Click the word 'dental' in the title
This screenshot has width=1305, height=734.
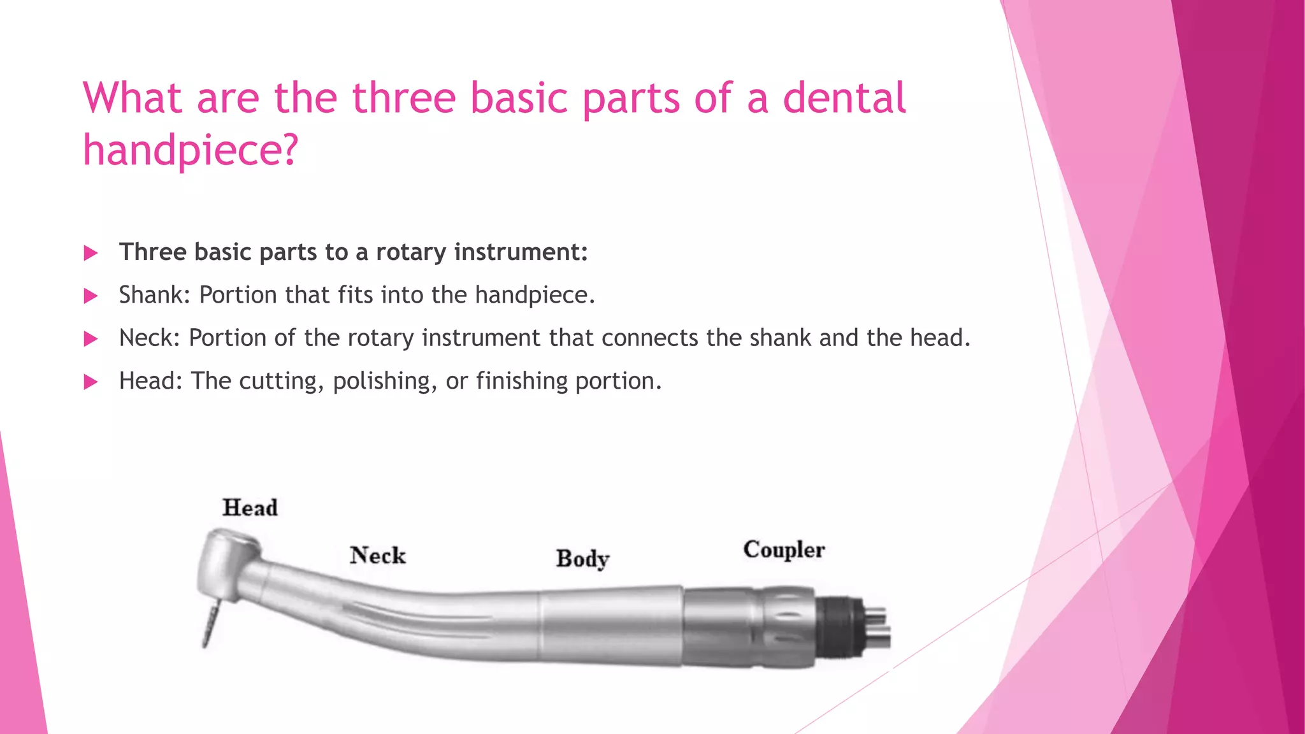point(843,99)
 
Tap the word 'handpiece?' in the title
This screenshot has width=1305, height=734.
point(191,151)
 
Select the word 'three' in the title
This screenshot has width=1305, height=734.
point(404,99)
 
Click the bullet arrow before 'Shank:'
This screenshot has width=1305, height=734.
point(91,296)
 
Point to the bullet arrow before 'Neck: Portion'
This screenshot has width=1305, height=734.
point(91,338)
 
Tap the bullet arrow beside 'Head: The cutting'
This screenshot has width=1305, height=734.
point(91,382)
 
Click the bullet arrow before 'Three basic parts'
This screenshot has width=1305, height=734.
point(91,253)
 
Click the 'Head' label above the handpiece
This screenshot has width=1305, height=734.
point(250,508)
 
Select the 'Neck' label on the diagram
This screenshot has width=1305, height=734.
point(377,555)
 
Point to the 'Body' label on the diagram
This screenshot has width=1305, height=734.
point(582,559)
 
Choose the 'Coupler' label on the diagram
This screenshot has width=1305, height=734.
point(784,549)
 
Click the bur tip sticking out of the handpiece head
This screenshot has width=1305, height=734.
point(208,628)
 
